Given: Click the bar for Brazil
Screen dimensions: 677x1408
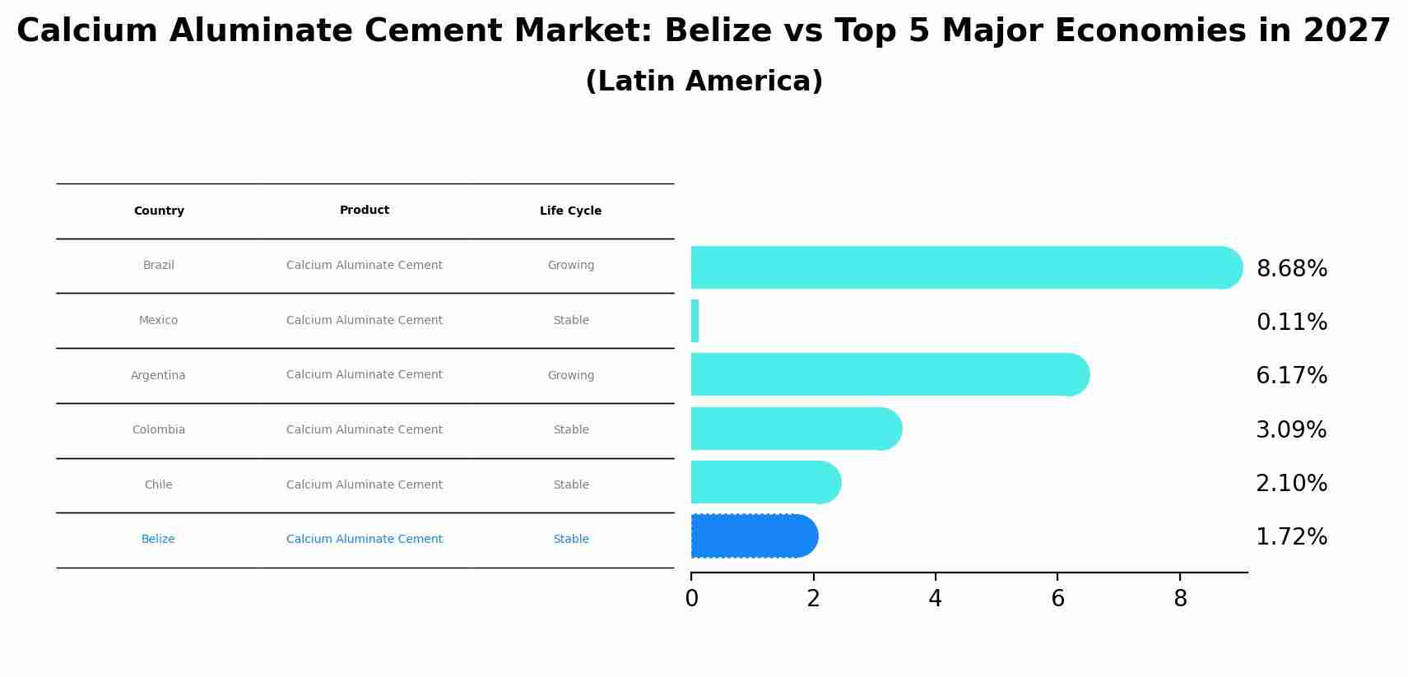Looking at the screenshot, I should pos(963,267).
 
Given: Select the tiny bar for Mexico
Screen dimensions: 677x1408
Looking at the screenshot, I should pos(695,321).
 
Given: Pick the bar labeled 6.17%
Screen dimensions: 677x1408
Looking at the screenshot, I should pos(889,374).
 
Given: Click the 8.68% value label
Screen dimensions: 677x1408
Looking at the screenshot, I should pos(1291,269).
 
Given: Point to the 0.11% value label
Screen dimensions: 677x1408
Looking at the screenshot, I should pos(1291,322).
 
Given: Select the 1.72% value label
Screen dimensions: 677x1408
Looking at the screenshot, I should pos(1291,537).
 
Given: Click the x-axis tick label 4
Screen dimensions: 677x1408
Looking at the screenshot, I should pos(935,599).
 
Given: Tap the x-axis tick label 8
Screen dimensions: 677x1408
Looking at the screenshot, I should pos(1180,599).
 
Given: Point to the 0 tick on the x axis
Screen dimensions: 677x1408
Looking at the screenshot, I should pos(691,599).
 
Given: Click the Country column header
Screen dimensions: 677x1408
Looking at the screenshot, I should pos(159,211).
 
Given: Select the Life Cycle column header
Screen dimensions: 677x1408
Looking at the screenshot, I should pos(570,211).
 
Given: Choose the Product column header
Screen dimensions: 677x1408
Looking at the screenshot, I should pos(365,211).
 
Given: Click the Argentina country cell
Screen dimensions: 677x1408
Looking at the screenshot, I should pos(158,376).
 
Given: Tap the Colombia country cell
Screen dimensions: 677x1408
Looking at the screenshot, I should pos(159,430).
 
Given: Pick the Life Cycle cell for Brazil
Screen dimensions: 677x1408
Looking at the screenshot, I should pos(570,266).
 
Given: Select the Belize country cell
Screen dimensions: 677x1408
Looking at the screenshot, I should pos(158,540).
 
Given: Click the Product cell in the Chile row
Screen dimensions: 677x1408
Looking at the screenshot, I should pos(365,485).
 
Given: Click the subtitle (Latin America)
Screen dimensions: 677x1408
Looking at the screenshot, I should pos(704,81).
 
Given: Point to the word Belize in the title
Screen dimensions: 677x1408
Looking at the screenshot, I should pos(718,31).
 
